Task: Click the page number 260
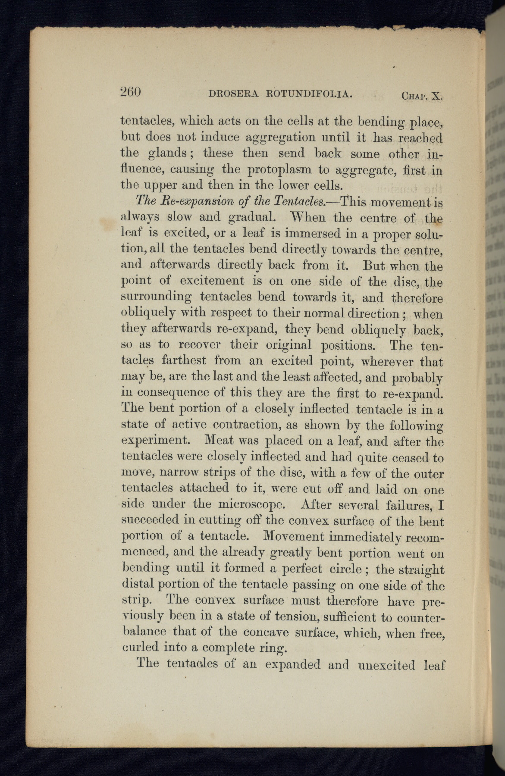[131, 92]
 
